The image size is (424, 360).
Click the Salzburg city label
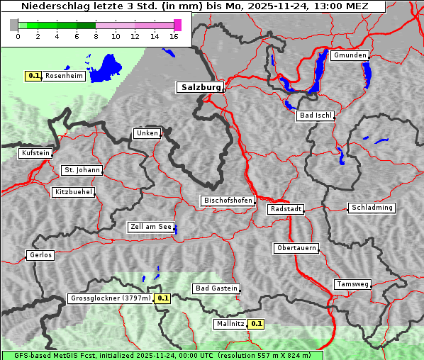pos(200,87)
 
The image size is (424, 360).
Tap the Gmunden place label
pos(350,55)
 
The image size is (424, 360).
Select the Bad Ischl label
pos(315,116)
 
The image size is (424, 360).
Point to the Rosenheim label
pos(64,76)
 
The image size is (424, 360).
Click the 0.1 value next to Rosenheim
pos(33,76)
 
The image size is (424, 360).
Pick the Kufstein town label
pos(35,153)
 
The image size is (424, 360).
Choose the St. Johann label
pos(82,170)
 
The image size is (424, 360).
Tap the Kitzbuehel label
pos(73,192)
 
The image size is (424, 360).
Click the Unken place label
pos(147,133)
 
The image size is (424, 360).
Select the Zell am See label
pos(151,227)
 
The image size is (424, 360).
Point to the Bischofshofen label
pos(228,201)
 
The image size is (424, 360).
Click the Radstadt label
pos(286,209)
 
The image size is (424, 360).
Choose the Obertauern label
pos(296,248)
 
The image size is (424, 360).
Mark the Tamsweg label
pos(352,284)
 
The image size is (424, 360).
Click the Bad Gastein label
pos(216,288)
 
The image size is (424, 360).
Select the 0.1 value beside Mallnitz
pos(257,324)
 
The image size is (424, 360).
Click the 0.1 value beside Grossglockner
pos(163,298)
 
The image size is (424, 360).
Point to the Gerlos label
pos(40,255)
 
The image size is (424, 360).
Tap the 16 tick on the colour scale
pos(174,37)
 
